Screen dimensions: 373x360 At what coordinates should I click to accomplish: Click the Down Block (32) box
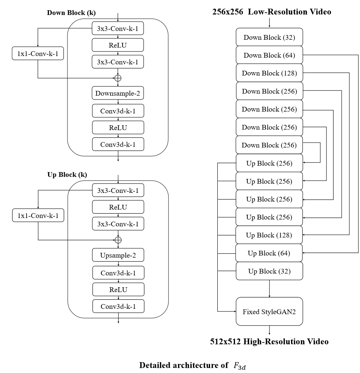point(269,37)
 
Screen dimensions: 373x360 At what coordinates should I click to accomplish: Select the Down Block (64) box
point(269,55)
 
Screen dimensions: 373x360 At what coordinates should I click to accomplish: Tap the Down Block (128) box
point(269,73)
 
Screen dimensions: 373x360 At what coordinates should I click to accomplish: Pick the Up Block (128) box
point(269,235)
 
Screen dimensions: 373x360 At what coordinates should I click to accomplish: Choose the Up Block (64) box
point(269,253)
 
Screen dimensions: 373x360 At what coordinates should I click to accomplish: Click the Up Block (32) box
point(269,271)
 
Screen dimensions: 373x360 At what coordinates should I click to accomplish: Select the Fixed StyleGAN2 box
point(269,312)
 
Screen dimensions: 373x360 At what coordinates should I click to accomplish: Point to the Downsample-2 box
point(118,93)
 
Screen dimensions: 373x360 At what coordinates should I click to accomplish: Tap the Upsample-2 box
point(118,255)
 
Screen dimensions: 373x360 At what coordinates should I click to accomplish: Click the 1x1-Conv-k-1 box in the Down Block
point(38,53)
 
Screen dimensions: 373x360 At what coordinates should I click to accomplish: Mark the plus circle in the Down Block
point(118,78)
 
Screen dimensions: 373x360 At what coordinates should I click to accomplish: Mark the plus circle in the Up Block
point(118,240)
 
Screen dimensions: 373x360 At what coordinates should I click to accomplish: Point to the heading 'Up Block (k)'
point(67,174)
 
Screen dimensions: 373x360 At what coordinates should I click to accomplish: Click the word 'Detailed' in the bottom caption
point(156,365)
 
